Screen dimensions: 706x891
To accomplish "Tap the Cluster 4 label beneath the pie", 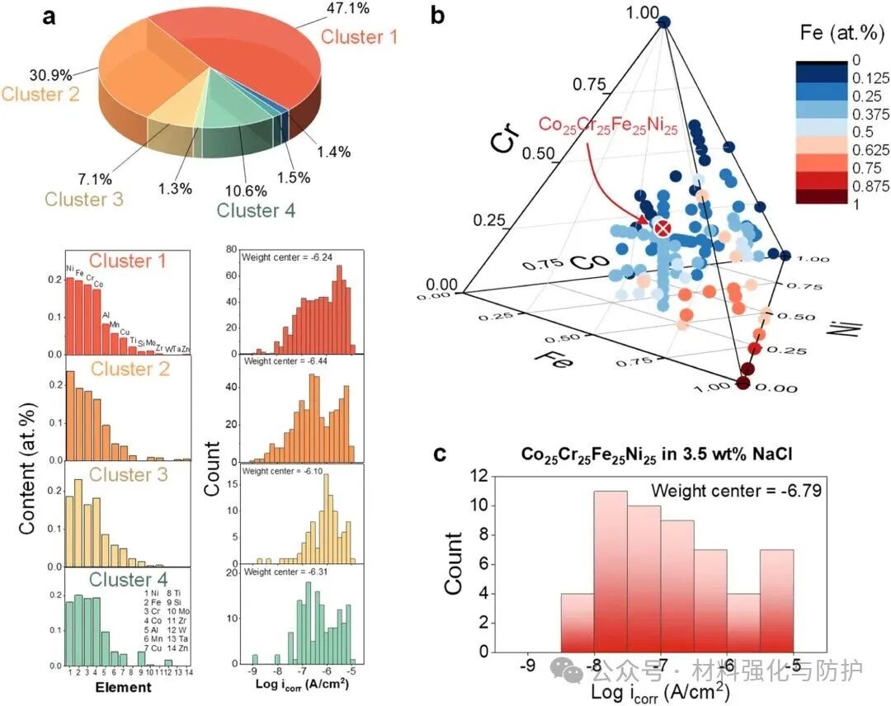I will [x=257, y=210].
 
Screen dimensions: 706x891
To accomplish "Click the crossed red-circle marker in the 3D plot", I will [x=661, y=228].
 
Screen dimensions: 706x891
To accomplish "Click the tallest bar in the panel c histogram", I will [x=610, y=571].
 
